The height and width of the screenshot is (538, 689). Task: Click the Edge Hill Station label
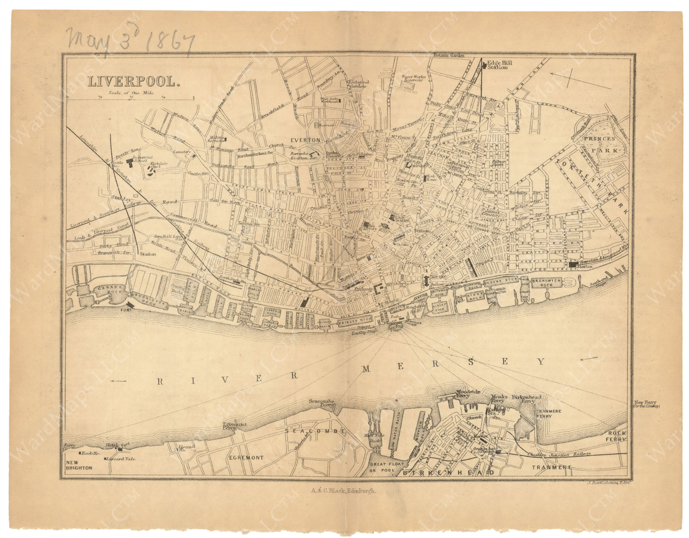pyautogui.click(x=497, y=64)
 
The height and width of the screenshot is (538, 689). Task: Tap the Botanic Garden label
pyautogui.click(x=449, y=56)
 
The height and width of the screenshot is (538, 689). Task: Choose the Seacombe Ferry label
pyautogui.click(x=322, y=403)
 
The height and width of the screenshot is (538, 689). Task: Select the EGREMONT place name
pyautogui.click(x=247, y=458)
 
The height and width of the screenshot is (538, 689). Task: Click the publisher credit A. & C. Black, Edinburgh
pyautogui.click(x=343, y=490)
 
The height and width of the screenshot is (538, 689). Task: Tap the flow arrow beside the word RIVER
pyautogui.click(x=119, y=380)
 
